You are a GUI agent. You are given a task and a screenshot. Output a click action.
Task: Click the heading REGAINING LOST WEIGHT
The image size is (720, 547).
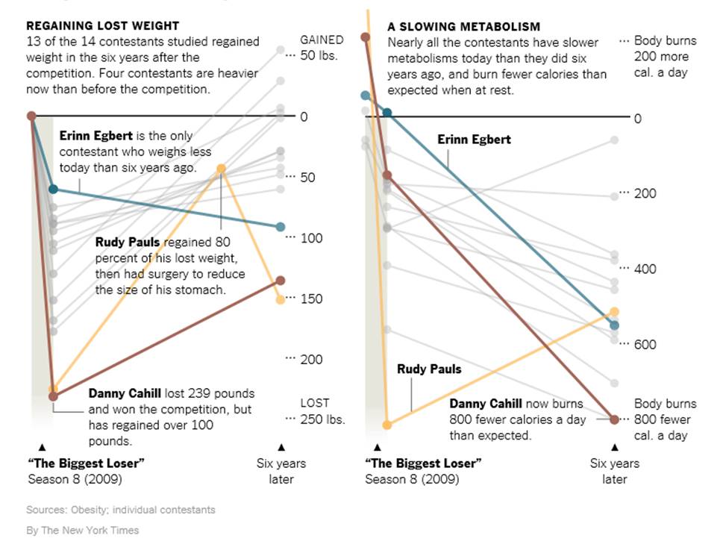tap(102, 26)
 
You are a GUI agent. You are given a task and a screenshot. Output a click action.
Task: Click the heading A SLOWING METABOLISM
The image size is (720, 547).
tap(463, 26)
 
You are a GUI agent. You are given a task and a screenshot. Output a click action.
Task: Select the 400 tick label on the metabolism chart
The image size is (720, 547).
tap(645, 269)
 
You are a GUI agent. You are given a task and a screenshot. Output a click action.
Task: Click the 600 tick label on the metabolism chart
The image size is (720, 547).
tap(645, 344)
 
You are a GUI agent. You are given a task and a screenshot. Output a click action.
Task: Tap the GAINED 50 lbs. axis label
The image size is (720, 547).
tap(322, 47)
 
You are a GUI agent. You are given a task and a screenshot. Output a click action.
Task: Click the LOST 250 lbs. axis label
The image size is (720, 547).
tap(322, 411)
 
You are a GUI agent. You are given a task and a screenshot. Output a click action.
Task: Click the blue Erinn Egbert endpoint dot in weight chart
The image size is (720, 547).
tap(280, 227)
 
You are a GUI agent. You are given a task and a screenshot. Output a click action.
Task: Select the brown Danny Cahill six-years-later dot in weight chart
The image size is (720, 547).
tap(280, 281)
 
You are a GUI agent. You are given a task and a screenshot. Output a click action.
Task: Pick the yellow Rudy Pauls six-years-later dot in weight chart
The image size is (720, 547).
tap(280, 299)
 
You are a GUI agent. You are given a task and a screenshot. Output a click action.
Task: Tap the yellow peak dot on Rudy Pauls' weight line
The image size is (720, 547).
tap(222, 169)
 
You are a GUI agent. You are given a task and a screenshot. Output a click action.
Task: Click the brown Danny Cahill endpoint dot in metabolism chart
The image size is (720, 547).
tap(614, 419)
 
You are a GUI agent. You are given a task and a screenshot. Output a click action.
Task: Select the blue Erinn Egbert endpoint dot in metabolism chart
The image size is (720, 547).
tap(614, 325)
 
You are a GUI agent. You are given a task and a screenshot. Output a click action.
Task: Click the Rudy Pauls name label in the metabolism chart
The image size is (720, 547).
tap(429, 369)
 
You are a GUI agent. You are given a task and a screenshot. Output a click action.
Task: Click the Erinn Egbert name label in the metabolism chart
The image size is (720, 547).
tap(474, 140)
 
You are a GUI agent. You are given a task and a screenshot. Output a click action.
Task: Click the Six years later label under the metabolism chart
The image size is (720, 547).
tap(615, 471)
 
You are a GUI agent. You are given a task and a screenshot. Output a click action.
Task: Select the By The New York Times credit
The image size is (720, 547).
tap(82, 531)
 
